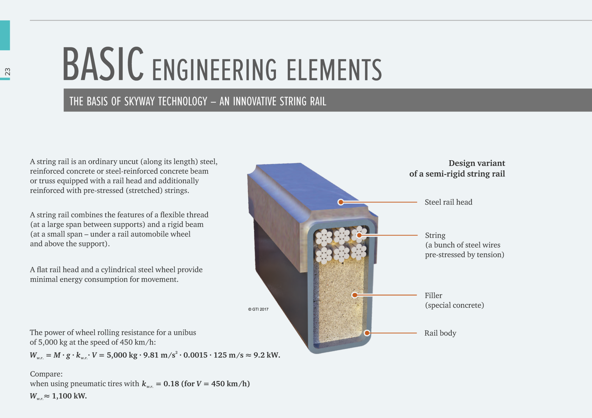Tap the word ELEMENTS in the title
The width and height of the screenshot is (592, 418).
334,70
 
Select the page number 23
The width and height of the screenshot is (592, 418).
7,72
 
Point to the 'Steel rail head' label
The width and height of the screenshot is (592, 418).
448,202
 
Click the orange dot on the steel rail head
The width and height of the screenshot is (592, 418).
341,202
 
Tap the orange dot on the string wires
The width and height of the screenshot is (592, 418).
359,235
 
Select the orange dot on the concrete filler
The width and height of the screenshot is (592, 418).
355,295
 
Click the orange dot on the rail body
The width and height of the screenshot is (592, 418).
367,333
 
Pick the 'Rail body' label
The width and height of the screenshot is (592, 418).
440,333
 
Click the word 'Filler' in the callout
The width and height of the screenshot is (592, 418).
433,295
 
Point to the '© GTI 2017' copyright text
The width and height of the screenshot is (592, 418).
258,309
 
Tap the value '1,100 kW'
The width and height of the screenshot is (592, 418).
69,396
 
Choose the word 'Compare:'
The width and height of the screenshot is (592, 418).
46,374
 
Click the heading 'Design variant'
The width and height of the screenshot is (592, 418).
477,163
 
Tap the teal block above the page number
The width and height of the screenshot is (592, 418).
5,35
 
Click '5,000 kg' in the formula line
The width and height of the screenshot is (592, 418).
122,355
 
